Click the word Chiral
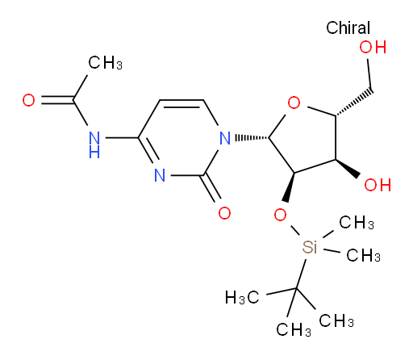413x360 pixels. (348, 27)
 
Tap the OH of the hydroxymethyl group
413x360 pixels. (373, 48)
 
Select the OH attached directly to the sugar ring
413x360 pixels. (378, 185)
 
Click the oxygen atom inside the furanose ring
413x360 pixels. (294, 103)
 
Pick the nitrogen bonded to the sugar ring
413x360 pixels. (225, 138)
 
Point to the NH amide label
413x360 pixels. (94, 144)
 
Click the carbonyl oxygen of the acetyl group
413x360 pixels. (28, 100)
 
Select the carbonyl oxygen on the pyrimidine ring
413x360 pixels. (224, 213)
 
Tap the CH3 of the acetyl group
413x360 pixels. (105, 63)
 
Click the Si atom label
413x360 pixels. (310, 247)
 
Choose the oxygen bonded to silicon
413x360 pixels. (280, 215)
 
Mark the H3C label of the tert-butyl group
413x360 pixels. (242, 298)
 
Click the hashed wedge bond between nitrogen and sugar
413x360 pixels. (252, 138)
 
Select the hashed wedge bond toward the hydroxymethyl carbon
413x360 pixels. (354, 103)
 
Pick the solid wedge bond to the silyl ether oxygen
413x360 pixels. (290, 187)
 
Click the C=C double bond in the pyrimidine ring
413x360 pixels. (181, 103)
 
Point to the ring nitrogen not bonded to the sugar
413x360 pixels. (160, 175)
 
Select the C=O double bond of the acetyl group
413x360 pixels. (57, 100)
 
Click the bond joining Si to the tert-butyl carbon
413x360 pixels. (301, 274)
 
